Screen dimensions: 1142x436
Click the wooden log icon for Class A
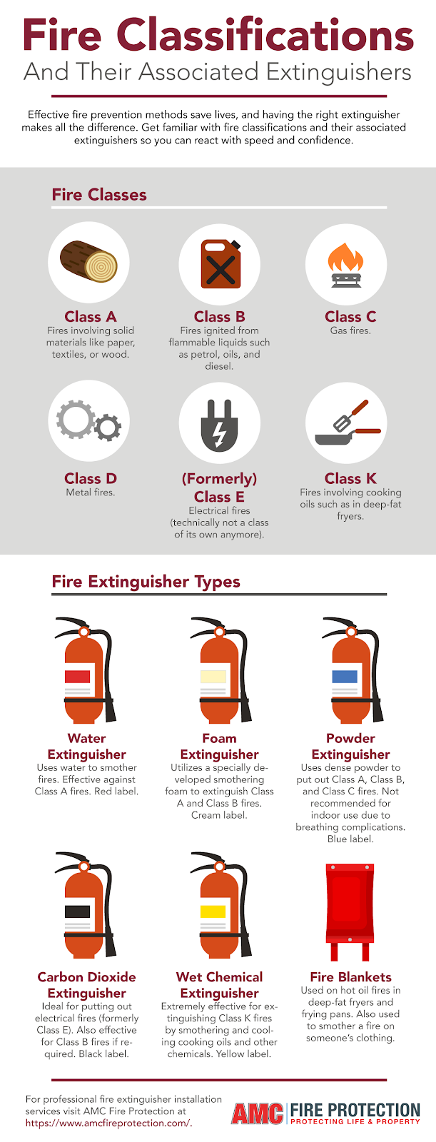[x=88, y=261]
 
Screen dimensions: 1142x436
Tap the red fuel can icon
[x=219, y=263]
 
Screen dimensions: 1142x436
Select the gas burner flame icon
[x=346, y=263]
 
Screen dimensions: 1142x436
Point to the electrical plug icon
[x=219, y=424]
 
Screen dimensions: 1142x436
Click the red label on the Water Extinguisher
[x=78, y=676]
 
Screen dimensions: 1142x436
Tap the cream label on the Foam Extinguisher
[x=213, y=676]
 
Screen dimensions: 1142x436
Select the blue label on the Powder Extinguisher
[x=345, y=676]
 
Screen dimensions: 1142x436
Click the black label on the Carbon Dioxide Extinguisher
[x=78, y=911]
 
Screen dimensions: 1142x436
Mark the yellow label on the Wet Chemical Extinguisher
[x=213, y=911]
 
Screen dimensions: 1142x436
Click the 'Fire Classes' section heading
[x=99, y=195]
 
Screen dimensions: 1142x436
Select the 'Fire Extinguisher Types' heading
[x=146, y=582]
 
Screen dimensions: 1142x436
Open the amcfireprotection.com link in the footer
[x=108, y=1123]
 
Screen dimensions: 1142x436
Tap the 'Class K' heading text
[x=350, y=478]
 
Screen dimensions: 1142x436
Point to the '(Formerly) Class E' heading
[x=219, y=487]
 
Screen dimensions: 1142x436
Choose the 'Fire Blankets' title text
[x=350, y=977]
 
